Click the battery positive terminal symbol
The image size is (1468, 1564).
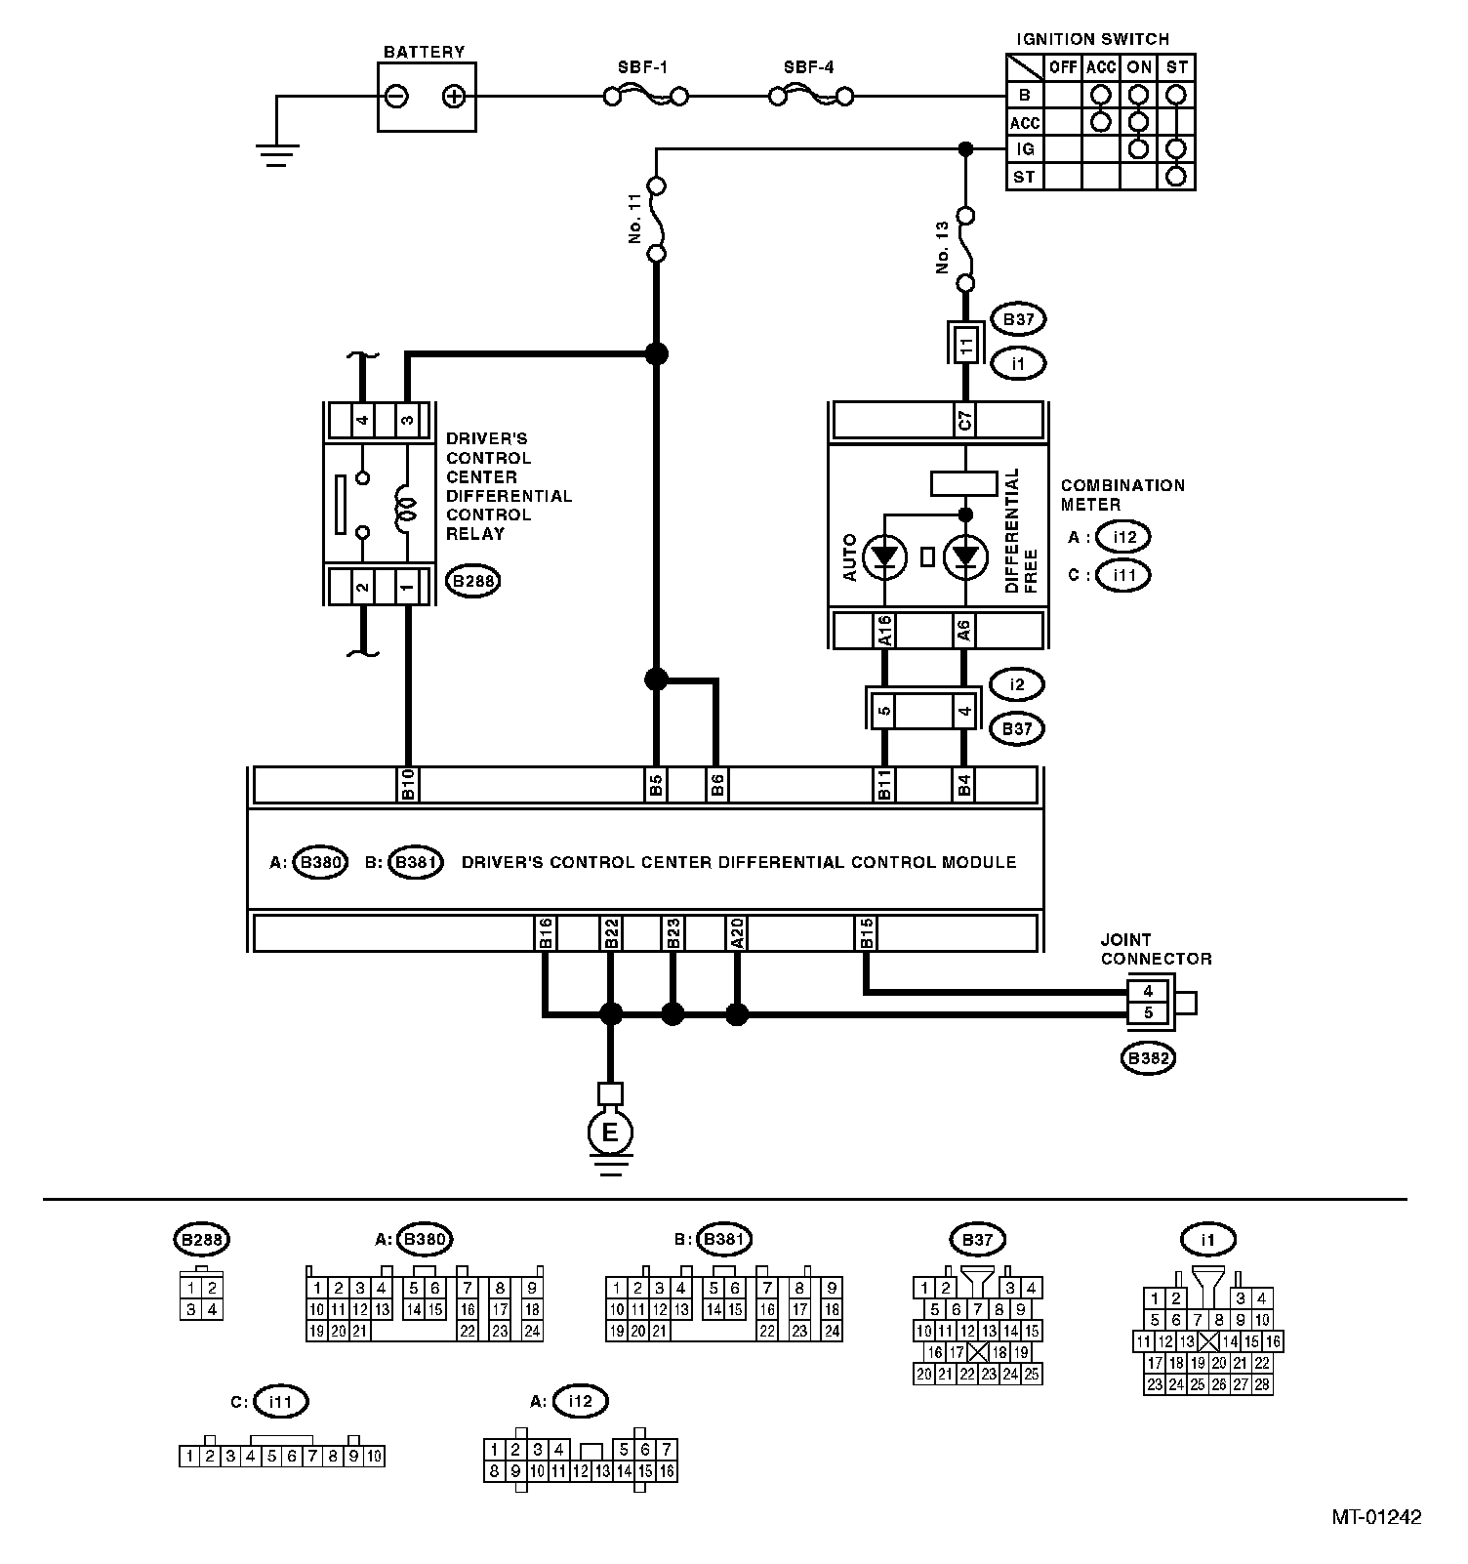[x=453, y=97]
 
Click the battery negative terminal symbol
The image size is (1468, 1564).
[x=397, y=97]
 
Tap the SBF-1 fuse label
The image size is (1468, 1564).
[x=643, y=68]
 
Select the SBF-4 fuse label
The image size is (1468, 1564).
[x=808, y=68]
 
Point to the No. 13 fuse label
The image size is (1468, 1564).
[x=943, y=248]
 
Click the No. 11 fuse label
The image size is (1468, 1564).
[x=634, y=219]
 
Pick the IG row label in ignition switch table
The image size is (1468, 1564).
[x=1024, y=149]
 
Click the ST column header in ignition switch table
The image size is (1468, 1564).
[x=1177, y=67]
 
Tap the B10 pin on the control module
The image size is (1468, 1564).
[x=408, y=785]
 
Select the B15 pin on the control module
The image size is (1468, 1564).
[x=866, y=932]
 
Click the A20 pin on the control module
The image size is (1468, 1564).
[x=737, y=932]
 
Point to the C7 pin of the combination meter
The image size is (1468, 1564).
[x=964, y=421]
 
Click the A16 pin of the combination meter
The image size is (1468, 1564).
[x=884, y=631]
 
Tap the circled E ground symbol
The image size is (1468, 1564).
[x=610, y=1132]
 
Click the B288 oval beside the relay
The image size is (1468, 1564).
[x=473, y=582]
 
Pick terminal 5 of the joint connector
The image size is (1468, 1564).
[x=1149, y=1013]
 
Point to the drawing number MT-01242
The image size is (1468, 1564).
[x=1376, y=1517]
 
